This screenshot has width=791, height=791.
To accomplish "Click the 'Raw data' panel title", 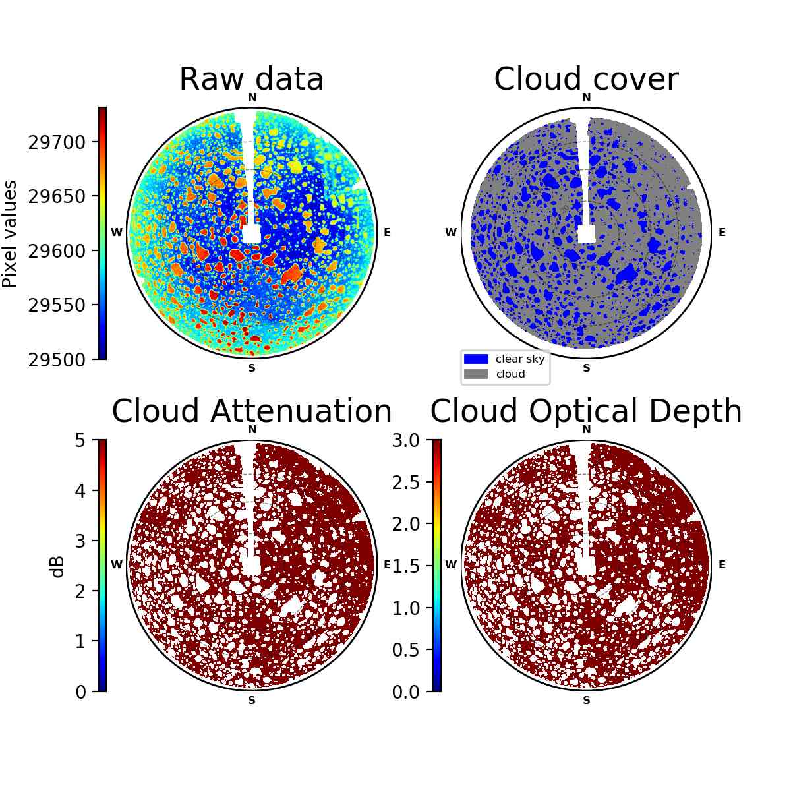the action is click(x=251, y=79).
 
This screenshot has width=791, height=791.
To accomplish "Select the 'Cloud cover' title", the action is click(x=586, y=79).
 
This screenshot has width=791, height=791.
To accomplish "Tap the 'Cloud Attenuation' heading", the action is click(x=252, y=411).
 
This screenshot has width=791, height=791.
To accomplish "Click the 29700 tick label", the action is click(x=57, y=143).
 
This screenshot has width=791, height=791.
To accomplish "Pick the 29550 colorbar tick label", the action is click(x=57, y=305).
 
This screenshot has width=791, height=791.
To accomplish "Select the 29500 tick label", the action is click(x=57, y=360).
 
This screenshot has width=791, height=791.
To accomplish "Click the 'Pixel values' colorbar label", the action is click(x=10, y=234).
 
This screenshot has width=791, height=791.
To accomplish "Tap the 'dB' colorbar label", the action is click(x=58, y=568).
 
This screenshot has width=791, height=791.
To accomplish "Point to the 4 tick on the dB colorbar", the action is click(x=80, y=490).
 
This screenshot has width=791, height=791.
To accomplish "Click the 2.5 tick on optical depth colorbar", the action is click(x=405, y=483).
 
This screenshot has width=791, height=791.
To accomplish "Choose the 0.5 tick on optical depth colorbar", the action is click(x=405, y=650).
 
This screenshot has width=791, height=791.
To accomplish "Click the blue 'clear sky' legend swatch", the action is click(x=476, y=359).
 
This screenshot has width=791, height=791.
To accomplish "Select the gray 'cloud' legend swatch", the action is click(x=476, y=374).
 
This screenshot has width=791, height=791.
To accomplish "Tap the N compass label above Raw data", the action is click(x=252, y=98).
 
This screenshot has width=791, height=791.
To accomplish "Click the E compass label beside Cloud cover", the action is click(x=722, y=232).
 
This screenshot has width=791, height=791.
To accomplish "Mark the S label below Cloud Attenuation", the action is click(x=252, y=700).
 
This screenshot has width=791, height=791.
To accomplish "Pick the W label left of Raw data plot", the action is click(x=117, y=232).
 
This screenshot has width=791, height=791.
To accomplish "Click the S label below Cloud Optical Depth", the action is click(x=587, y=700).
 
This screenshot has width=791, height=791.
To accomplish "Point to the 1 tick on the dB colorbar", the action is click(x=80, y=641).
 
